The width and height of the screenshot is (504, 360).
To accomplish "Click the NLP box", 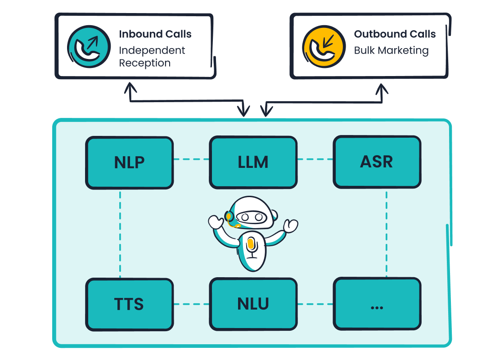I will point(129,162).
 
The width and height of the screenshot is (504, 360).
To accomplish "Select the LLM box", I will point(253,162).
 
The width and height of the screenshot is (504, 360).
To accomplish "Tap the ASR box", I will point(377,162).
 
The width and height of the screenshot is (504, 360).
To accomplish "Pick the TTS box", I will point(129,304).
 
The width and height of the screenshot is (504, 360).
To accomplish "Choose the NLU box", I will point(253,304).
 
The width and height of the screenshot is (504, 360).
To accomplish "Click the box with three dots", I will point(377,304).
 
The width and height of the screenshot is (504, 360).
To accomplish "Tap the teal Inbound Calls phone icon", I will point(89,46).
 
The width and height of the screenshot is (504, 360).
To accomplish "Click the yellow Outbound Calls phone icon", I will point(324,46).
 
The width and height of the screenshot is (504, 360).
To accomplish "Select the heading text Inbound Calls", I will point(155,34).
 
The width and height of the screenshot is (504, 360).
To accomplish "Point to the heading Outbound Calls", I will point(395,34).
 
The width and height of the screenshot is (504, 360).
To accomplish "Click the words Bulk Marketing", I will point(391,50).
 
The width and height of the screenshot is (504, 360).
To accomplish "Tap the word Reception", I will point(144,63).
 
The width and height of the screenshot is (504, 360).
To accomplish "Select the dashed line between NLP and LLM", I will point(191,159).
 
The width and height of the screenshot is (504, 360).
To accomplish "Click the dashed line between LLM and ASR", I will point(315,159).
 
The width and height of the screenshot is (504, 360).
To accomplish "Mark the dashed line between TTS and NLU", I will point(191,304).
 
